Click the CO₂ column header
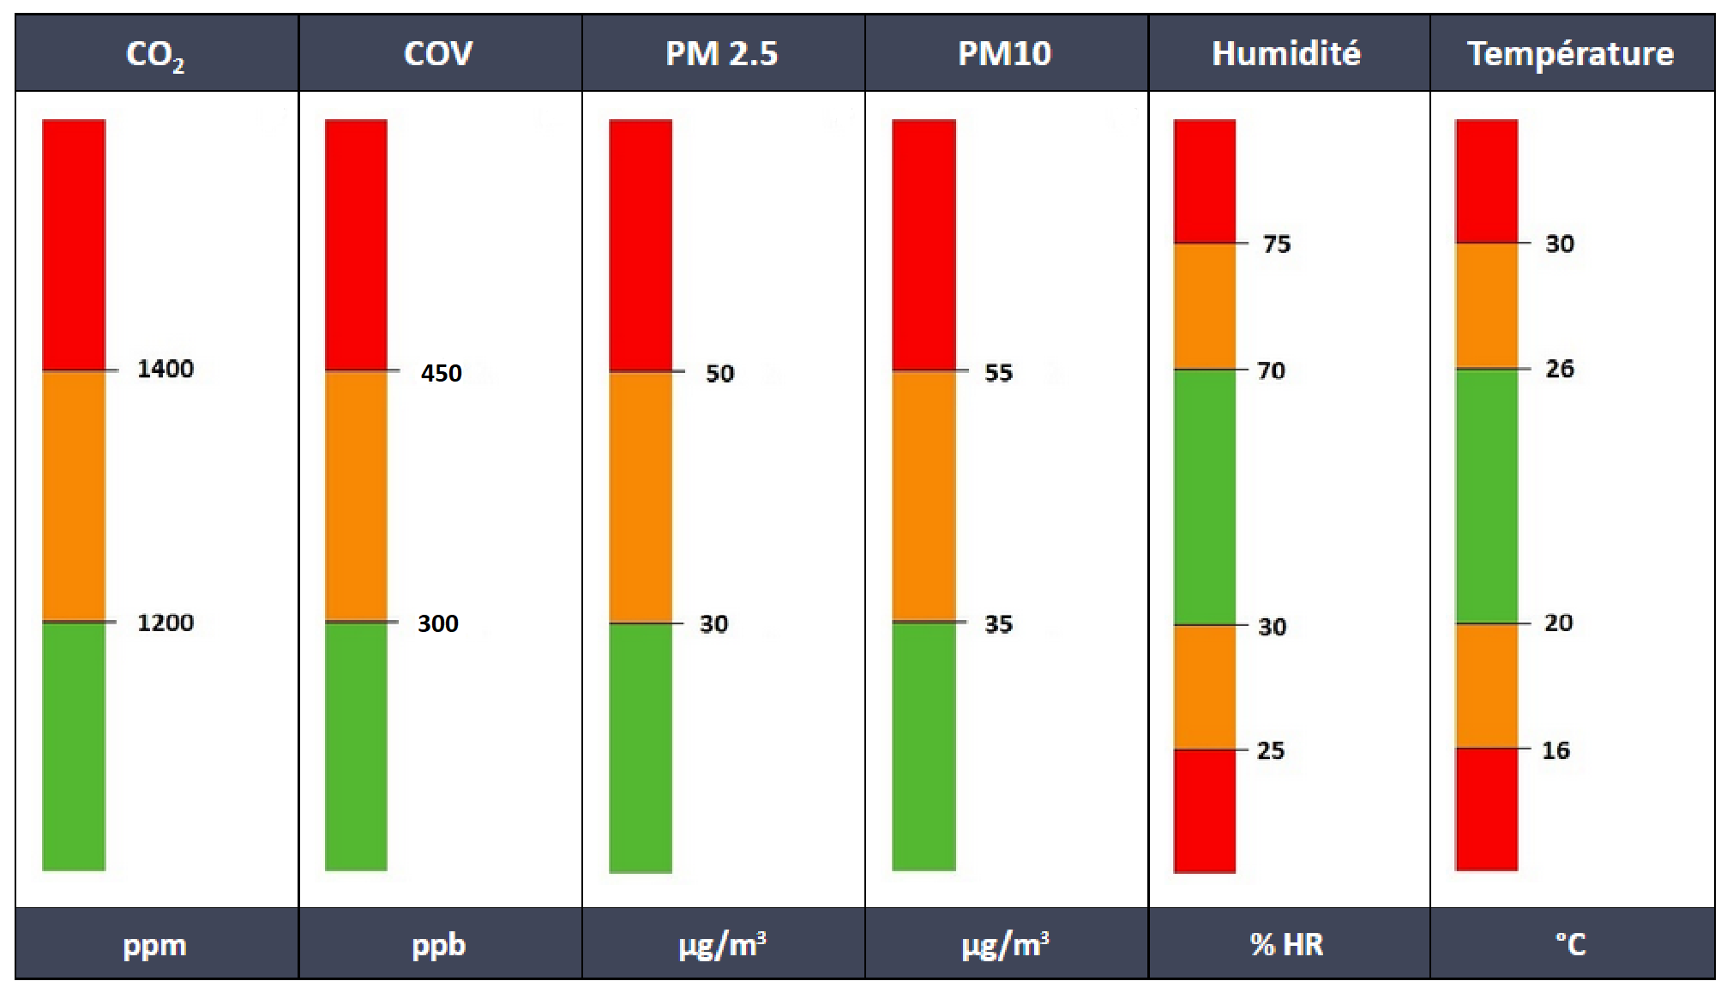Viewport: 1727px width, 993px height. [x=155, y=54]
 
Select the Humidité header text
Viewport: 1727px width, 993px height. [x=1286, y=53]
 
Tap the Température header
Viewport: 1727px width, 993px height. [x=1570, y=53]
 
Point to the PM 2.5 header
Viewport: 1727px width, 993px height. [x=721, y=53]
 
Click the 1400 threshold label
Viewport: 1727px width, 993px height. [x=165, y=369]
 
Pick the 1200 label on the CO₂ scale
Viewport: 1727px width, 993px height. [x=165, y=623]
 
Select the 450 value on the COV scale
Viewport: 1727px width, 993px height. [x=441, y=373]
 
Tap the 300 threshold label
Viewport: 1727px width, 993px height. [x=437, y=623]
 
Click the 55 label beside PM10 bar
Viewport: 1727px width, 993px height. [x=998, y=372]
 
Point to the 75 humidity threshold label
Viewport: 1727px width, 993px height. [x=1277, y=244]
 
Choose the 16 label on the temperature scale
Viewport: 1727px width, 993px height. [x=1556, y=750]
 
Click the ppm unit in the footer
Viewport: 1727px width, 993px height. [x=154, y=944]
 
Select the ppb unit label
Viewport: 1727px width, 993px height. [x=438, y=944]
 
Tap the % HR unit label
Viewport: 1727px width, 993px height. [x=1286, y=944]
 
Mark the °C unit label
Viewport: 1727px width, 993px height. [x=1570, y=944]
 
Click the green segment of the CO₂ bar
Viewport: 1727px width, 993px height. [x=74, y=746]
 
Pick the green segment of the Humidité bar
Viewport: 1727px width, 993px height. [x=1204, y=497]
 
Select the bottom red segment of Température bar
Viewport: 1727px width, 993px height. [x=1486, y=809]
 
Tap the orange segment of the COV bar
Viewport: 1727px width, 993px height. [x=356, y=496]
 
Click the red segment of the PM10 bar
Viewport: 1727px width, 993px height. [x=924, y=244]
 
